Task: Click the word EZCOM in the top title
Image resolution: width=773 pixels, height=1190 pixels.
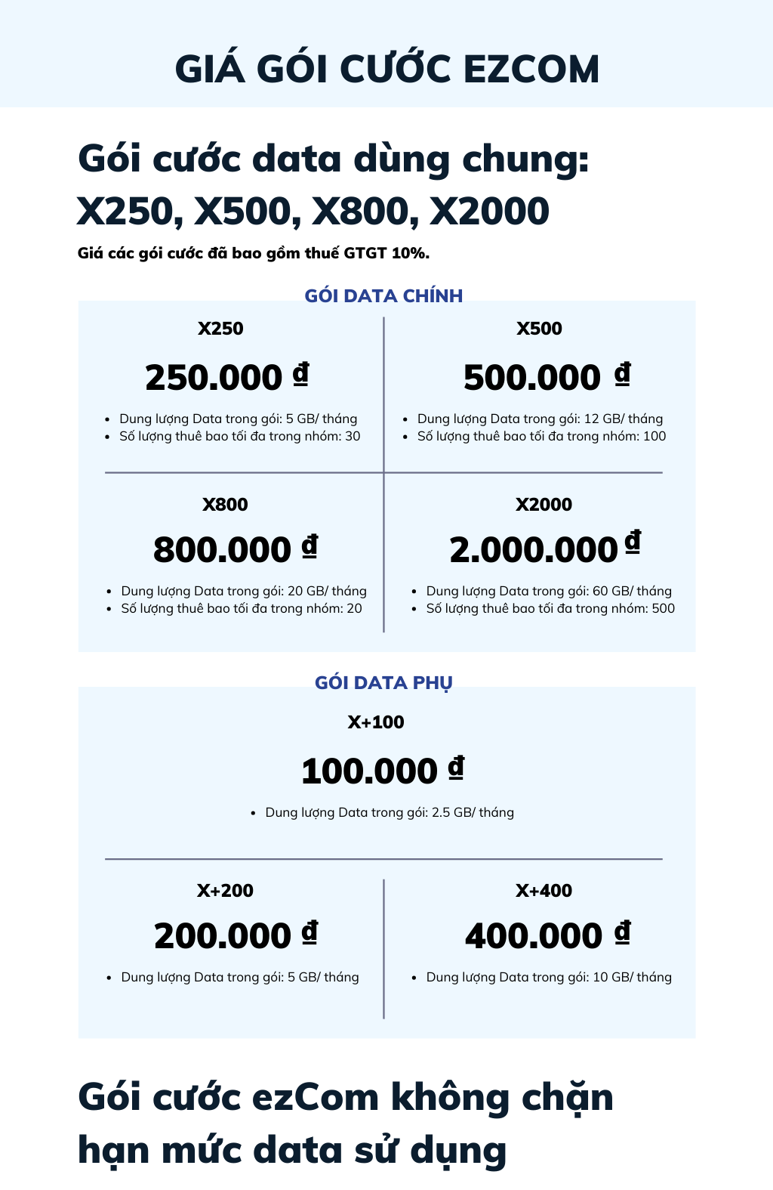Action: pos(531,70)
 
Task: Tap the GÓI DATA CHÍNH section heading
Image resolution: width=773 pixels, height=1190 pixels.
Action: pos(383,295)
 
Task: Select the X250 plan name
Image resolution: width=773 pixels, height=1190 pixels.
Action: pos(220,329)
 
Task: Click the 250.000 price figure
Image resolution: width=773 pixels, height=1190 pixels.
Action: pos(214,378)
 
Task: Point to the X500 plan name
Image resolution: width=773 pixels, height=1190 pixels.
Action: pos(539,329)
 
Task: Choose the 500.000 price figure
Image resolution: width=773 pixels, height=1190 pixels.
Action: pos(532,378)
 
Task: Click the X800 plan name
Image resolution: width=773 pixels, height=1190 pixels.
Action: pos(225,505)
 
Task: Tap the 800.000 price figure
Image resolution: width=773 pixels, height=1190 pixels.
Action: pos(222,549)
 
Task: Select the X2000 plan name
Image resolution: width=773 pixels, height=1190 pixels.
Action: pos(544,505)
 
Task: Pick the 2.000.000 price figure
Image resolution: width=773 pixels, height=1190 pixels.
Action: pos(534,549)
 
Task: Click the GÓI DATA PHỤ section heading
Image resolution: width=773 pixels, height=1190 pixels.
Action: pos(383,683)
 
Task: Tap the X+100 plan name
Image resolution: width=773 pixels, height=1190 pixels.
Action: pos(376,722)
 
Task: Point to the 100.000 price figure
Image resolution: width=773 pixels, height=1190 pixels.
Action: pos(369,771)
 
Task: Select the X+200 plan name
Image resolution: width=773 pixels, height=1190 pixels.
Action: pos(225,891)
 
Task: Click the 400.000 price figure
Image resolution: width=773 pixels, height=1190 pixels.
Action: pos(534,936)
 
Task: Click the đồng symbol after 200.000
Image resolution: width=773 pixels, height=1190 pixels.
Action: pos(310,932)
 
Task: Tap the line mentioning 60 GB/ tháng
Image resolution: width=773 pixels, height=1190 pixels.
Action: pos(549,591)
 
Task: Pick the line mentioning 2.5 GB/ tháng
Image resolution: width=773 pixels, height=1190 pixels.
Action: pos(390,812)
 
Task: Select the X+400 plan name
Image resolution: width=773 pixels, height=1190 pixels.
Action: pos(544,891)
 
